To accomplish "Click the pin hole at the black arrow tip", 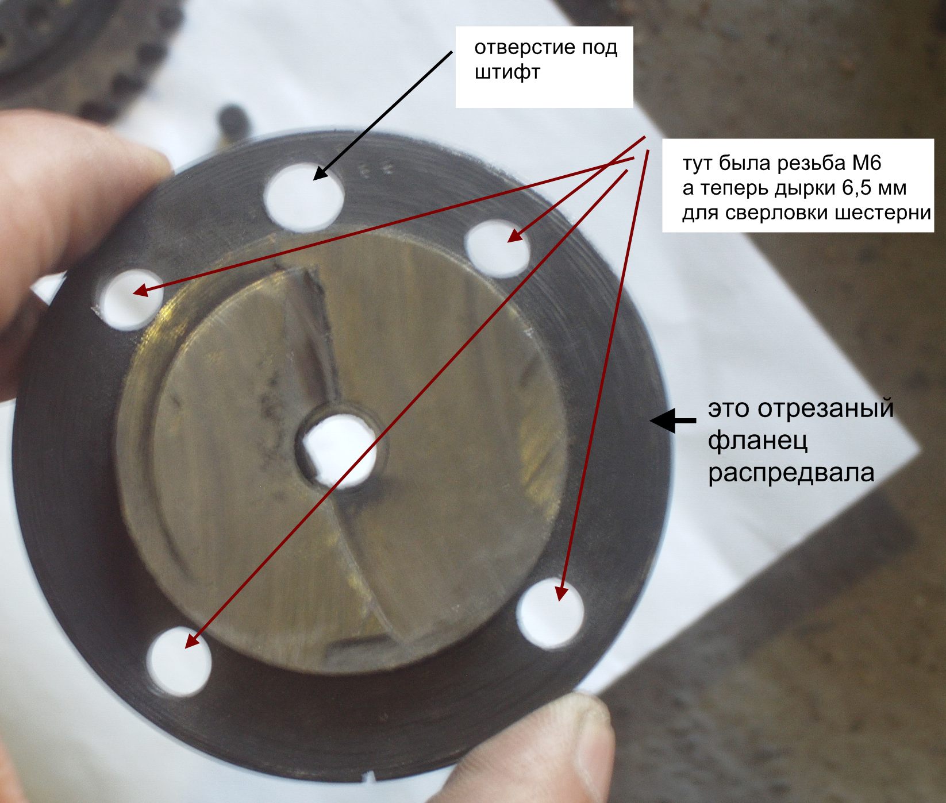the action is (x=304, y=194).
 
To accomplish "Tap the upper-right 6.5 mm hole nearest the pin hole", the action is (x=497, y=249).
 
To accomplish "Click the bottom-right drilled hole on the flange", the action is (x=549, y=614).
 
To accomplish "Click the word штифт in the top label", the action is (x=507, y=74).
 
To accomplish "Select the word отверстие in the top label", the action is (x=521, y=47).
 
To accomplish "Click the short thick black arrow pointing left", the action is (x=673, y=421).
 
